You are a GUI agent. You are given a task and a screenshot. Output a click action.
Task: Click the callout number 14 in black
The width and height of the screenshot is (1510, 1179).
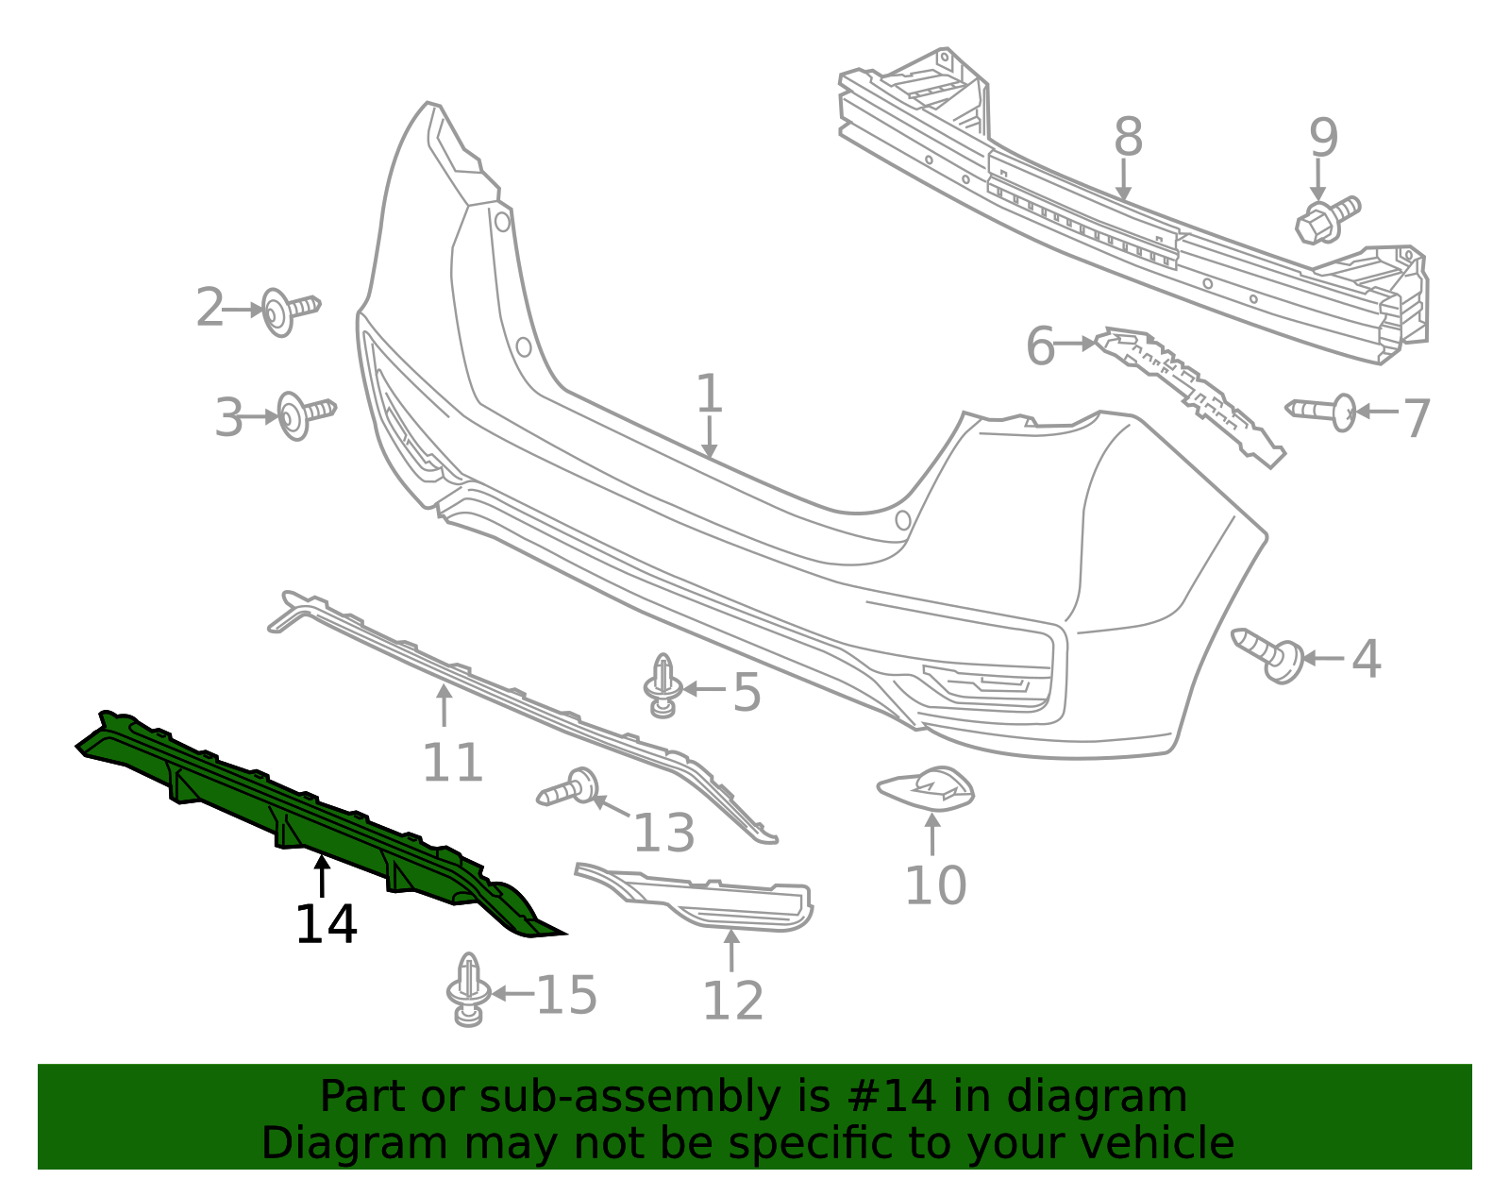pyautogui.click(x=326, y=924)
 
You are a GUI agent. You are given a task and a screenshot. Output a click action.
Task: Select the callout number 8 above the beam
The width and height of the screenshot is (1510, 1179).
pyautogui.click(x=1128, y=138)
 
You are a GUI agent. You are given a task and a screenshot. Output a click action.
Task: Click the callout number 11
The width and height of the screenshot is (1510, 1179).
pyautogui.click(x=452, y=762)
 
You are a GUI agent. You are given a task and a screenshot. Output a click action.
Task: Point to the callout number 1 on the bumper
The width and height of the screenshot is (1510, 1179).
pyautogui.click(x=709, y=394)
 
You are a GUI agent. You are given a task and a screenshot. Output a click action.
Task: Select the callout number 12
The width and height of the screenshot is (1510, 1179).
pyautogui.click(x=732, y=1001)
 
